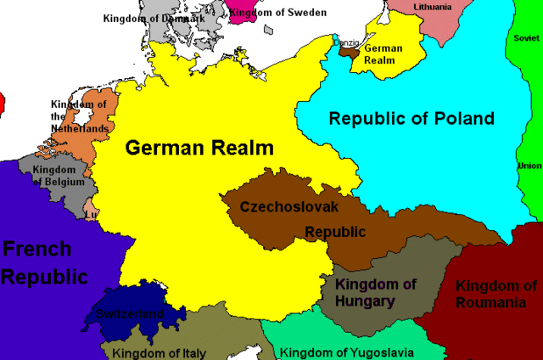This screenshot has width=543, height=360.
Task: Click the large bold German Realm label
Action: point(199,148)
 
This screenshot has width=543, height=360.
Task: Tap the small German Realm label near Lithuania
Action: point(383,54)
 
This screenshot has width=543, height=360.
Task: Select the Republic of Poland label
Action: point(411,118)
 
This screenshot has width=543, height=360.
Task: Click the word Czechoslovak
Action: point(288,206)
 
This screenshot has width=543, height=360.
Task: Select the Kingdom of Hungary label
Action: point(377,292)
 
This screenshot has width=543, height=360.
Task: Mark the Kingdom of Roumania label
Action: point(495,294)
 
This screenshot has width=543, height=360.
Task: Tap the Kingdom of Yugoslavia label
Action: point(347,352)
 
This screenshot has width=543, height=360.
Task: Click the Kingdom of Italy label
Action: point(159,352)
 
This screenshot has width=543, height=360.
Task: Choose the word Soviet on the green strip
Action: point(527,38)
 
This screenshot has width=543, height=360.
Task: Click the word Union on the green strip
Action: point(529,166)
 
